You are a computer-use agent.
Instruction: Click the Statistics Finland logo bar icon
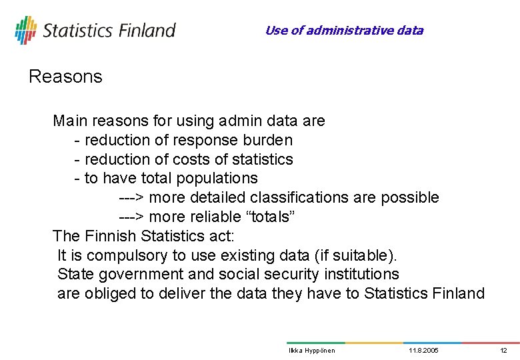25,30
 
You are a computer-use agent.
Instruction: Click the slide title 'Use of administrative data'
344,30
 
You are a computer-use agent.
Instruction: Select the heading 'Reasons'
65,77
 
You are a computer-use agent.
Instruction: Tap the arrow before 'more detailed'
131,198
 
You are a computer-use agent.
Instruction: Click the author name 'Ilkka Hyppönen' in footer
311,351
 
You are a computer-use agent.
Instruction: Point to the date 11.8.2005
423,351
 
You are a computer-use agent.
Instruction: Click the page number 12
503,351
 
